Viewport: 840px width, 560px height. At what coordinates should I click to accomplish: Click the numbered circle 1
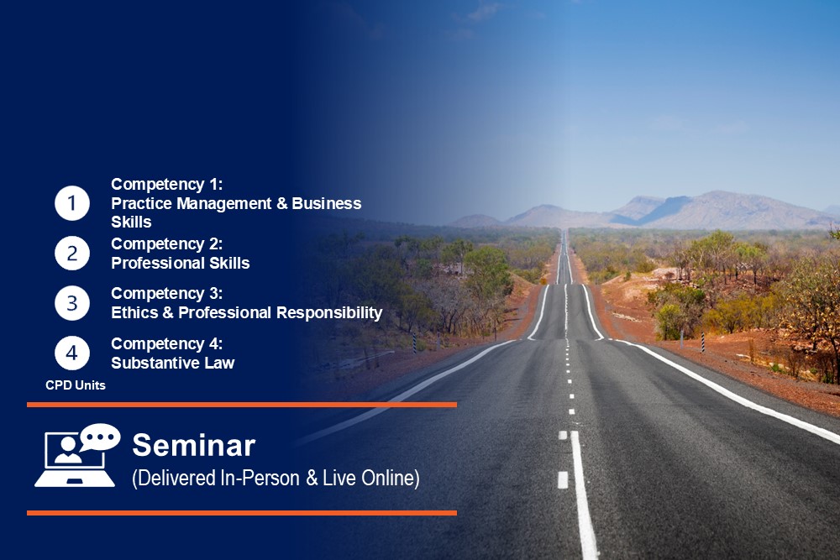(71, 203)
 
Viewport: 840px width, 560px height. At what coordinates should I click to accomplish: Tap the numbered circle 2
(71, 254)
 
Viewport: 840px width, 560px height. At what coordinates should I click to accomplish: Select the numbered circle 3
(71, 303)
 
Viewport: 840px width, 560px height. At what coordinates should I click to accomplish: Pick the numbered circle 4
(71, 353)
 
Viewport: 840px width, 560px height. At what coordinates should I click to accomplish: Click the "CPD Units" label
(76, 385)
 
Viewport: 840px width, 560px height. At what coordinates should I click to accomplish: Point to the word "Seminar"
(194, 446)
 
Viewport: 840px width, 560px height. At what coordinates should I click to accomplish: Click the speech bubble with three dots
(100, 437)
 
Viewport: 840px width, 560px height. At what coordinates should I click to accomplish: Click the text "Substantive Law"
(173, 363)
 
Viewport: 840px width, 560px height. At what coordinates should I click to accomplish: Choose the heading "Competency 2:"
(167, 244)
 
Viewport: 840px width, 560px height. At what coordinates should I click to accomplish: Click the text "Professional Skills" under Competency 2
(181, 264)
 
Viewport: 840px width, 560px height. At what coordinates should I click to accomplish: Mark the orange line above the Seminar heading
(242, 405)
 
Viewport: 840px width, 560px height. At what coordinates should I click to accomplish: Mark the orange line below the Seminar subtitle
(242, 513)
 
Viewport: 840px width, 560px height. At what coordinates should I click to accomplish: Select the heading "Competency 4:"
(167, 343)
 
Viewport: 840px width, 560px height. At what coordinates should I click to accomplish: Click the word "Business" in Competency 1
(327, 204)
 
